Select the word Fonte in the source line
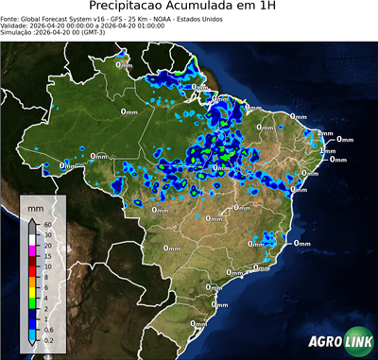point(12,18)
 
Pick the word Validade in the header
point(18,25)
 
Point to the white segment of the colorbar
point(33,240)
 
